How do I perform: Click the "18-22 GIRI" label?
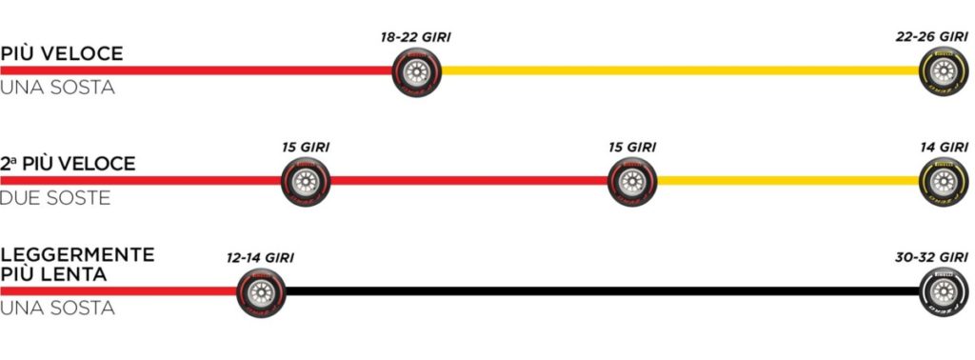pos(415,37)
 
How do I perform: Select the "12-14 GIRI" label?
pos(260,257)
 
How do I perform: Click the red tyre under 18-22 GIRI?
pos(416,71)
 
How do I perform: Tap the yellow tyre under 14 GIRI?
pos(943,181)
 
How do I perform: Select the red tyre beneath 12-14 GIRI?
pos(260,291)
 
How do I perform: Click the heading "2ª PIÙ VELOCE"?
pos(68,164)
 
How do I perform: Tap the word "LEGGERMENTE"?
pos(77,255)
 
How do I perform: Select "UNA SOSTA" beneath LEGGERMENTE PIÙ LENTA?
pos(57,309)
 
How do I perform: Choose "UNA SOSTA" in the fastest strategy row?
pos(57,88)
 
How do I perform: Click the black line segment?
pos(600,290)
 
